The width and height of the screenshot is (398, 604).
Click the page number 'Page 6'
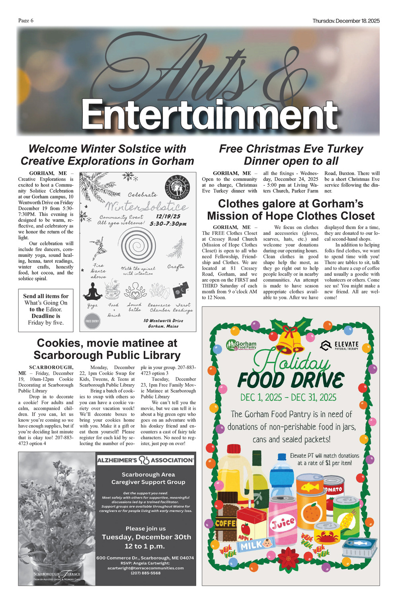coord(25,21)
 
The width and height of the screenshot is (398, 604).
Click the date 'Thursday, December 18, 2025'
coord(346,21)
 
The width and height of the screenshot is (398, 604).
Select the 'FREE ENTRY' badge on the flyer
coord(92,321)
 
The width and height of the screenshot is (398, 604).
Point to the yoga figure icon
coord(93,291)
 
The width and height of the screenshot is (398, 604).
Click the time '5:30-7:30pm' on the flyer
coord(168,224)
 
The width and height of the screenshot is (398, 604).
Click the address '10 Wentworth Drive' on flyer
coord(163,321)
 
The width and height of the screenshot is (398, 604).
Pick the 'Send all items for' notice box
coord(46,310)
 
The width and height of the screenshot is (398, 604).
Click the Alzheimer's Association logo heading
coord(145,460)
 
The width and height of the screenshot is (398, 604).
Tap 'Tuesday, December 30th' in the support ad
coord(146,537)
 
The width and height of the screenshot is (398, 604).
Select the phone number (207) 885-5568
coord(145,573)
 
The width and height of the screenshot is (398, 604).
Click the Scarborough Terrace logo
coord(57,575)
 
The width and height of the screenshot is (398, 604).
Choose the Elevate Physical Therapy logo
coord(339,345)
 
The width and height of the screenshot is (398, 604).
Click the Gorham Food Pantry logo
coord(241,345)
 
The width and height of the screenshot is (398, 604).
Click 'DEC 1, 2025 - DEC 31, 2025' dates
coord(288,397)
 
